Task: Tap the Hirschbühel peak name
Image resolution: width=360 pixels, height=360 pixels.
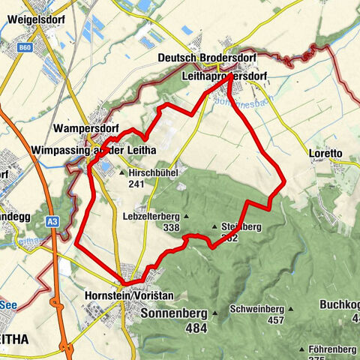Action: click(x=152, y=172)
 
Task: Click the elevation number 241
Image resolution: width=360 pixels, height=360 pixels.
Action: click(x=136, y=183)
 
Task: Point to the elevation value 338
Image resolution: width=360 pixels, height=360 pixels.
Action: click(x=172, y=227)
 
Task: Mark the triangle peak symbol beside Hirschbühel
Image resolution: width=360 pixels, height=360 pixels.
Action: click(x=122, y=172)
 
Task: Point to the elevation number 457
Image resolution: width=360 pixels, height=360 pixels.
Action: click(x=276, y=320)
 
